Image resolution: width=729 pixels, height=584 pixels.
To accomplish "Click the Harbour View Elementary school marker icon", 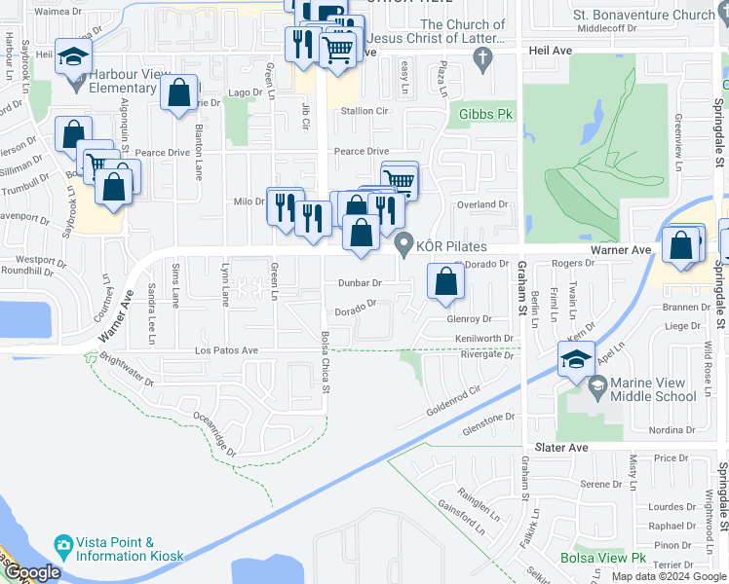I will tap(73, 57).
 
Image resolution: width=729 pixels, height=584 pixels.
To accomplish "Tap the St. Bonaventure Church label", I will tap(643, 15).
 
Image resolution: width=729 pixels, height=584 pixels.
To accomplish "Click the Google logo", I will tap(32, 572).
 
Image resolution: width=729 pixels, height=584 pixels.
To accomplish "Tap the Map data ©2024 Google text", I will tap(668, 576).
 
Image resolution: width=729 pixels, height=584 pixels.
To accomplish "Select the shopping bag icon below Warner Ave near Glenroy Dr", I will tap(445, 282).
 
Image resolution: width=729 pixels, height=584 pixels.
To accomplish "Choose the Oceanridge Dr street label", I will tap(213, 433).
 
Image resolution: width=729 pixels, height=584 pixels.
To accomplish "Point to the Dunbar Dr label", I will tap(359, 282).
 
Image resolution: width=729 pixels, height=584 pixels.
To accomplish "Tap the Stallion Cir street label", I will tap(364, 111).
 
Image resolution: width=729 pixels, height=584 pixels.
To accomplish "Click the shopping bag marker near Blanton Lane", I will tap(179, 94).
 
